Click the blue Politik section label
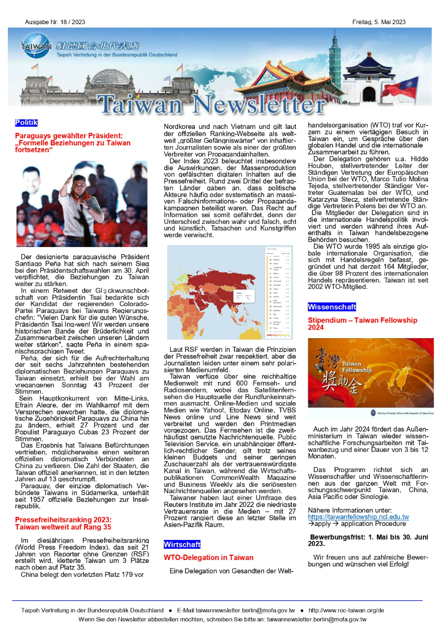pos(26,123)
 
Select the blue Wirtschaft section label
pos(182,545)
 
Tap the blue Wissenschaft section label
pos(332,307)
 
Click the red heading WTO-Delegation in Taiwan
pos(208,558)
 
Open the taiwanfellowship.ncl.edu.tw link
pos(358,517)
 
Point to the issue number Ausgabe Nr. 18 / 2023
pos(55,22)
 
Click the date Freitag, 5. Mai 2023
pos(379,22)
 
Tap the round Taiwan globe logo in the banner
pos(35,46)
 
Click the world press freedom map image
pos(230,292)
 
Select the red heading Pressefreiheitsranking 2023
pos(63,520)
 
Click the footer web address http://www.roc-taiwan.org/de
pos(346,610)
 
